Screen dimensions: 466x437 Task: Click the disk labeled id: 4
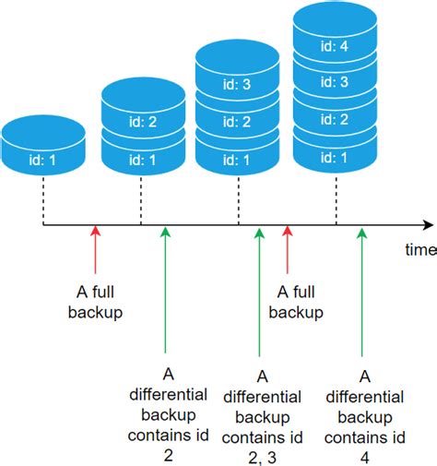pyautogui.click(x=336, y=42)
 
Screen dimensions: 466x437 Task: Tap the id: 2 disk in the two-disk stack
pyautogui.click(x=141, y=117)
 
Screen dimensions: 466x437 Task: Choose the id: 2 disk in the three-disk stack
pyautogui.click(x=238, y=121)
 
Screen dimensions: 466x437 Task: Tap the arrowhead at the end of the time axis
pyautogui.click(x=428, y=224)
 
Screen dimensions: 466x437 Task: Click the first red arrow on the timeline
pyautogui.click(x=94, y=249)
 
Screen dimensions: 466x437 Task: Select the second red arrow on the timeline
pyautogui.click(x=287, y=249)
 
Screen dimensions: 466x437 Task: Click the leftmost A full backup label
pyautogui.click(x=95, y=301)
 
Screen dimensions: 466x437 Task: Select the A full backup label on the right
pyautogui.click(x=295, y=301)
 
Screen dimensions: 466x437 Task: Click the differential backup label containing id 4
pyautogui.click(x=365, y=415)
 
